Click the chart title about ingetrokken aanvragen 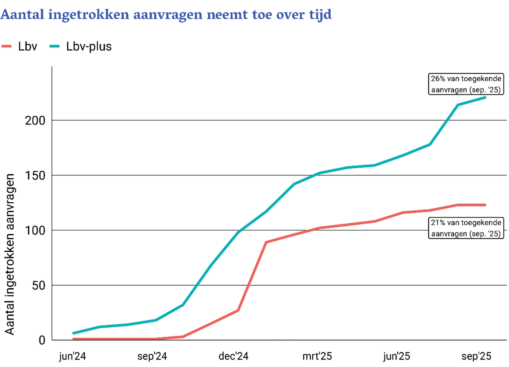[166, 14]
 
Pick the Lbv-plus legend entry [81, 46]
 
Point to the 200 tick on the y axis [35, 121]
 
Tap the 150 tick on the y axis [35, 175]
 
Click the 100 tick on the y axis [35, 230]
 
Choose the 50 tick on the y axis [39, 286]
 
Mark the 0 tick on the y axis [42, 340]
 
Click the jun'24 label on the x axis [72, 356]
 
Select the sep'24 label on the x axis [152, 356]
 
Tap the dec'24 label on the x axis [234, 356]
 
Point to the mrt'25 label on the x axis [317, 356]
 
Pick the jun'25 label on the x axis [397, 356]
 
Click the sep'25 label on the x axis [476, 356]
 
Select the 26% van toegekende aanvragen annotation [466, 84]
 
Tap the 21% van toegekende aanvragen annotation [466, 228]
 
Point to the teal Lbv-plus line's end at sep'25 [485, 97]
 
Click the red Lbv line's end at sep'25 [485, 205]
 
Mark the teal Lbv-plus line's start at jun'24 [73, 333]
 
